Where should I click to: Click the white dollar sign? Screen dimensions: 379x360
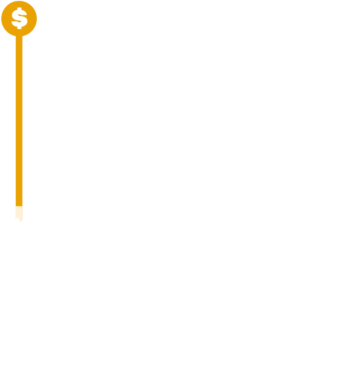(19, 18)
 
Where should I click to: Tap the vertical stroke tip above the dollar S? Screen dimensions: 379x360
(19, 9)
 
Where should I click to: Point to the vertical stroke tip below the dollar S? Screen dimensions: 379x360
(19, 28)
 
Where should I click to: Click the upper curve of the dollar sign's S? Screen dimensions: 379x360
(19, 13)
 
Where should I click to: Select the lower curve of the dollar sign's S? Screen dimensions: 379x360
(19, 23)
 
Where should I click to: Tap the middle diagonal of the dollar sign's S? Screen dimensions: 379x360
(19, 18)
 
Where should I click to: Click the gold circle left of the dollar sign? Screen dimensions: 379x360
(6, 19)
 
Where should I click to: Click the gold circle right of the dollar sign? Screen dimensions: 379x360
(32, 19)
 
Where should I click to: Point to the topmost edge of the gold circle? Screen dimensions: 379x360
(19, 1)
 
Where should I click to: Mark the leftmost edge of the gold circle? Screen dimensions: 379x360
(1, 19)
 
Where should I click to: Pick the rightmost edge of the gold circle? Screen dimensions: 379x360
(37, 19)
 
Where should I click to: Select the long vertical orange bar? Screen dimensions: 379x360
(19, 120)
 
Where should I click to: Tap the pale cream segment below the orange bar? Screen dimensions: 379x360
(19, 213)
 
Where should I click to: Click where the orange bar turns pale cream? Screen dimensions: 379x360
(19, 206)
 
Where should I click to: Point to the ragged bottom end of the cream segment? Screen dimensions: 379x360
(19, 219)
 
